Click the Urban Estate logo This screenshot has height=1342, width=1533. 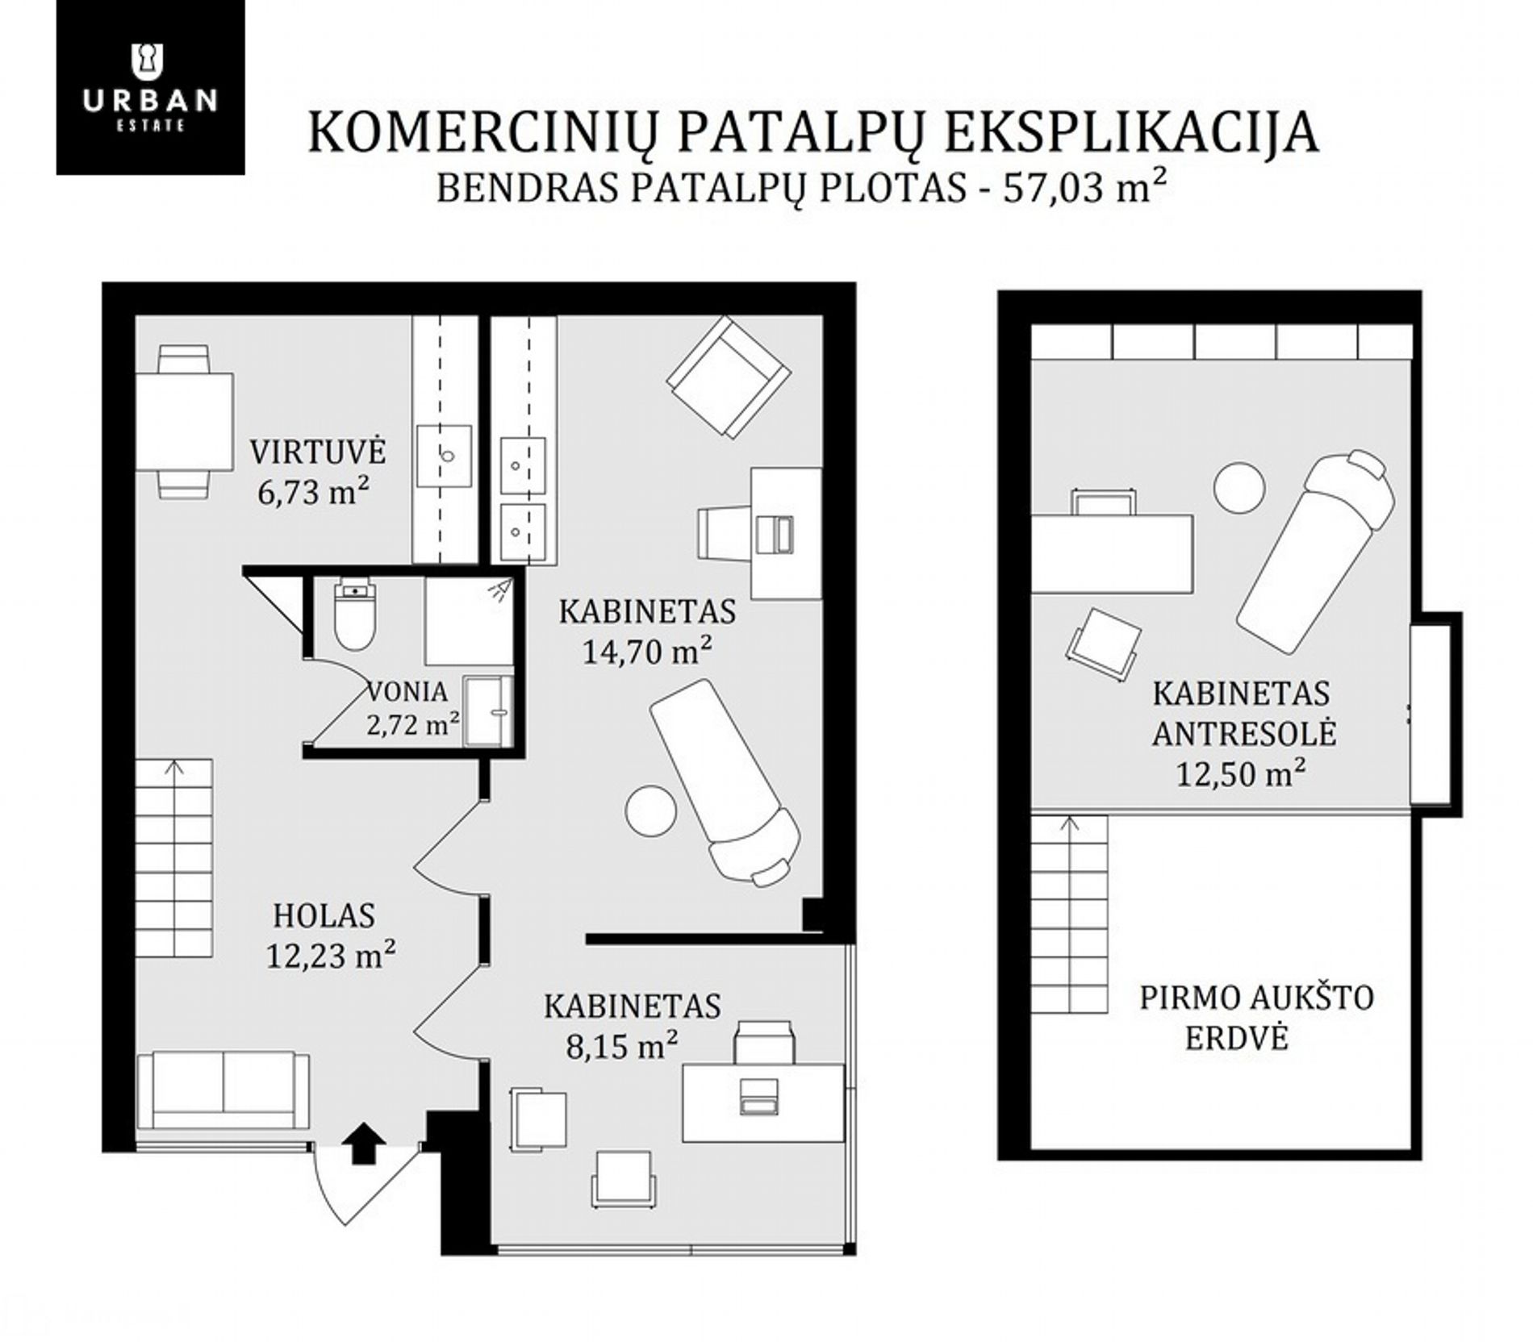tap(150, 87)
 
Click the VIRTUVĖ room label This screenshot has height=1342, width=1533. tap(318, 452)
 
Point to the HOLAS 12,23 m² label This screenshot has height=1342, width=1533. tap(331, 936)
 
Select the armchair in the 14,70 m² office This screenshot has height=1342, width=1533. tap(729, 377)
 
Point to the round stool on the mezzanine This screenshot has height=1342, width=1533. tap(1239, 486)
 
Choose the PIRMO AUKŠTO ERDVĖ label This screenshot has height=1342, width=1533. tap(1256, 1018)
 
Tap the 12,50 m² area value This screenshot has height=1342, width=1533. tap(1241, 774)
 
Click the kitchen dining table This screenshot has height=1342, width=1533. tap(185, 422)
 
